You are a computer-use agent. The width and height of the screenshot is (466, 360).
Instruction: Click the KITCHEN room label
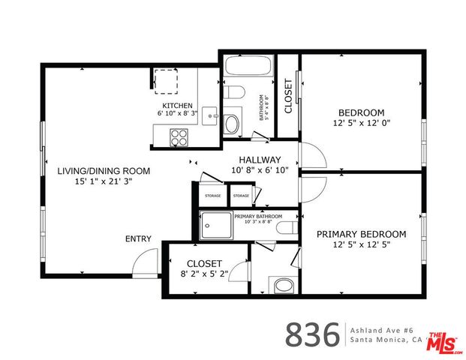coord(178,106)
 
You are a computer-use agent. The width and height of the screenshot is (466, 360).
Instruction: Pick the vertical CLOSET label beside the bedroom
coord(287,96)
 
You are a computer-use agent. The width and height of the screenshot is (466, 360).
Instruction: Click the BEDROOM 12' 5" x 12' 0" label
coord(362,117)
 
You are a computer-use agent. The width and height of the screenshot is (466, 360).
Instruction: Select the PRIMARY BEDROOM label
coord(362,238)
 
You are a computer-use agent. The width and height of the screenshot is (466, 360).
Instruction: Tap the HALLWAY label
coord(260,165)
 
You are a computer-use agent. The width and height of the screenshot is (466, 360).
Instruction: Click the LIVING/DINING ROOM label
coord(104,175)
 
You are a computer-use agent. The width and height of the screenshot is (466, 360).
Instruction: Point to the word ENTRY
coord(138,239)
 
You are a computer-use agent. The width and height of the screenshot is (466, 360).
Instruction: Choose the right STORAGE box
coord(240,196)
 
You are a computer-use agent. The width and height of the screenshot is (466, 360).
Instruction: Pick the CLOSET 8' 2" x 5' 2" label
coord(204,268)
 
